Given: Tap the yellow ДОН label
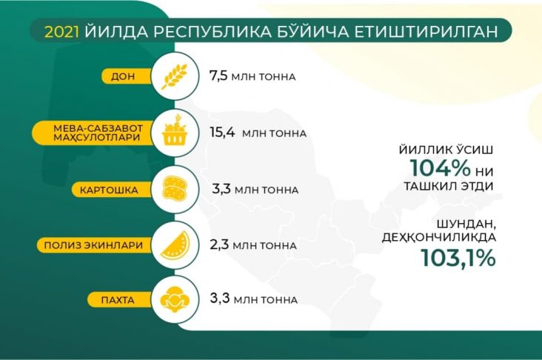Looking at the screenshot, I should pos(123,76).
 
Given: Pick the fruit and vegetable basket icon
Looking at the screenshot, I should pos(176,133).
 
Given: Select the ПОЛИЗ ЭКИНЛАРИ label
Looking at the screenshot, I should pos(103,244).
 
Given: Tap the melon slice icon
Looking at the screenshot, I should pos(176,244).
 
